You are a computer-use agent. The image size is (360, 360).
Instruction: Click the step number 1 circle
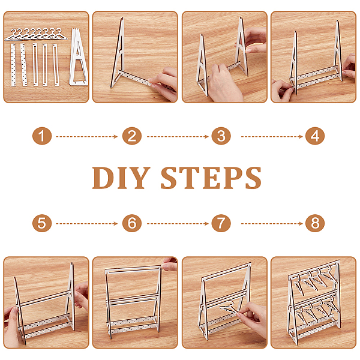[42, 136]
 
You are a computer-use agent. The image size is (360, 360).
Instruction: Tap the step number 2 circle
[132, 136]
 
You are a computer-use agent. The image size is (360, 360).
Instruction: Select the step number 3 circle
[221, 136]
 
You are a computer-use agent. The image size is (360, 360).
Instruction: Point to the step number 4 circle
[315, 136]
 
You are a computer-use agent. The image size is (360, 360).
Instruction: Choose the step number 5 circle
[42, 223]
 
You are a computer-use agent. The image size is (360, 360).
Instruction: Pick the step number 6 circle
[132, 223]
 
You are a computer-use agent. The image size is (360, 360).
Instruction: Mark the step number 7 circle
[221, 223]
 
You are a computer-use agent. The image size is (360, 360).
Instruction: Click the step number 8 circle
[315, 223]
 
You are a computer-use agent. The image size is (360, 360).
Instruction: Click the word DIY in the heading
[121, 178]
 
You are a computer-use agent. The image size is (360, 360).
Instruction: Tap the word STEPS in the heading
[211, 178]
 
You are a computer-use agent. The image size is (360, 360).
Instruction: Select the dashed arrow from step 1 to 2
[87, 137]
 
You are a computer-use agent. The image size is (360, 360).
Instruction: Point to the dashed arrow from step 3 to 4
[272, 137]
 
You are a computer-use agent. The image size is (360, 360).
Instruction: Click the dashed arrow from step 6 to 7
[178, 224]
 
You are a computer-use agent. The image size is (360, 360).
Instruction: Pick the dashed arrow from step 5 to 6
[87, 224]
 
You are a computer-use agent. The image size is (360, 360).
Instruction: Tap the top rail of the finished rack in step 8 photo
[314, 268]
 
